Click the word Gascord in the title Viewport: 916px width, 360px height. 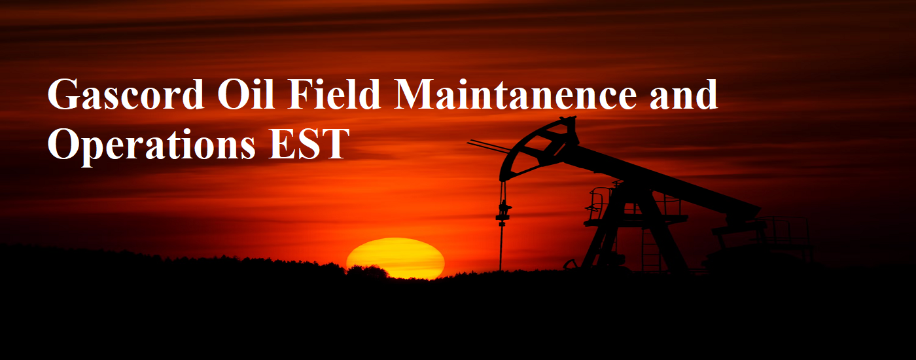pyautogui.click(x=126, y=94)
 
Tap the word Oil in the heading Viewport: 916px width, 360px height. pyautogui.click(x=245, y=94)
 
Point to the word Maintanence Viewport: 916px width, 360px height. pyautogui.click(x=516, y=94)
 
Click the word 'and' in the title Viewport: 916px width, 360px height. pyautogui.click(x=684, y=94)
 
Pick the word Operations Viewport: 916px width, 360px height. pyautogui.click(x=152, y=145)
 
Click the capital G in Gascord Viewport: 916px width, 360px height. pyautogui.click(x=65, y=94)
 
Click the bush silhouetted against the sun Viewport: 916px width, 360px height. pyautogui.click(x=367, y=272)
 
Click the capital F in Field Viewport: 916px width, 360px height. pyautogui.click(x=298, y=94)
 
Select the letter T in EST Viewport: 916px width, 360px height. pyautogui.click(x=335, y=143)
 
